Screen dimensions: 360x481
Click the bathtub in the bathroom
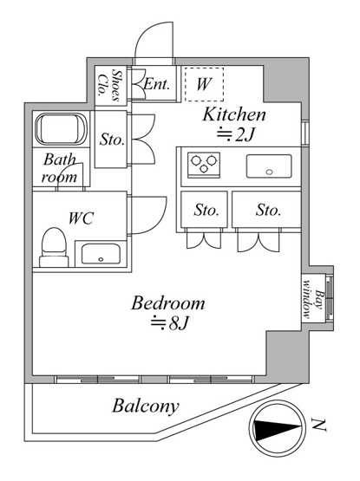point(61,129)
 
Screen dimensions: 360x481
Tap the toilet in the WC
point(54,247)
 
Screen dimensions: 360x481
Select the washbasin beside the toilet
point(101,254)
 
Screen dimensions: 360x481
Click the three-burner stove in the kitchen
point(204,165)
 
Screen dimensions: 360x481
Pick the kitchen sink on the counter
point(269,166)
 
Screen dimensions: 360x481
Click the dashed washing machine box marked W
point(204,84)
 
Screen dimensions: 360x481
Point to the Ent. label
point(157,84)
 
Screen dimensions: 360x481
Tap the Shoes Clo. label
point(109,85)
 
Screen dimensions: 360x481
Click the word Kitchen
point(234,114)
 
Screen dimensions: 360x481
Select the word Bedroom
point(168,302)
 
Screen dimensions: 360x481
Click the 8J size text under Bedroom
point(169,323)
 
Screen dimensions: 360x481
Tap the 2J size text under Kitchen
point(236,134)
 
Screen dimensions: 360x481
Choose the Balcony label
point(145,406)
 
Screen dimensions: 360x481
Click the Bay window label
point(312,299)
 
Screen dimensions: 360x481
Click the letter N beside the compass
point(318,425)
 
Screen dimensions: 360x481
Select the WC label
point(81,218)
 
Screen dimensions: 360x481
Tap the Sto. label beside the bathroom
point(112,140)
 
